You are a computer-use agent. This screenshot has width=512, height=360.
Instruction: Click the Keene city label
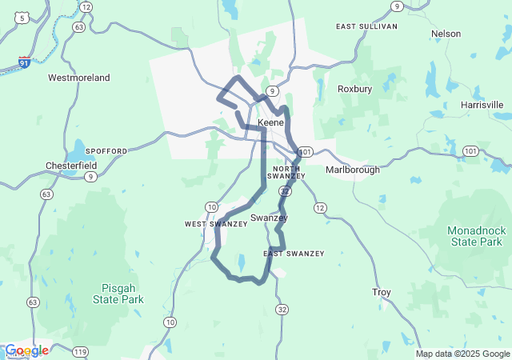pyautogui.click(x=270, y=123)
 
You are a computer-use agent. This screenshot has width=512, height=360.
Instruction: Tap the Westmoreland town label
pyautogui.click(x=79, y=78)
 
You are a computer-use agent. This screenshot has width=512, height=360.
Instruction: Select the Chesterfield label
pyautogui.click(x=70, y=166)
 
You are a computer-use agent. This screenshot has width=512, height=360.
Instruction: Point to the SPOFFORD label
pyautogui.click(x=106, y=150)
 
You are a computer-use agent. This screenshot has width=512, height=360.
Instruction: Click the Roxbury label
pyautogui.click(x=354, y=89)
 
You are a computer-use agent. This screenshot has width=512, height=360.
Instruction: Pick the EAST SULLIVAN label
pyautogui.click(x=366, y=26)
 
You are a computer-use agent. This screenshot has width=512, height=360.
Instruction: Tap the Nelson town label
pyautogui.click(x=446, y=34)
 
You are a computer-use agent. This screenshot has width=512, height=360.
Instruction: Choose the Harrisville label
pyautogui.click(x=482, y=105)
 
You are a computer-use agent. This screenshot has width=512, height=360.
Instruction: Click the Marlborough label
pyautogui.click(x=353, y=170)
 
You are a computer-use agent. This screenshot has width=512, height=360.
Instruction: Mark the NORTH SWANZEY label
pyautogui.click(x=286, y=172)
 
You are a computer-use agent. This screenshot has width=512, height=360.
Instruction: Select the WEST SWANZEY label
pyautogui.click(x=216, y=224)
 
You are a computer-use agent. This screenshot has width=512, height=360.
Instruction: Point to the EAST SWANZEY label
pyautogui.click(x=294, y=254)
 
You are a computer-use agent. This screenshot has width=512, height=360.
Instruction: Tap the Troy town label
pyautogui.click(x=382, y=293)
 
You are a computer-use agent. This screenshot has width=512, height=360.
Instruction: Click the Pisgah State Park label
pyautogui.click(x=122, y=294)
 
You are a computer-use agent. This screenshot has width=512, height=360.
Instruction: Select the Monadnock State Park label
pyautogui.click(x=476, y=235)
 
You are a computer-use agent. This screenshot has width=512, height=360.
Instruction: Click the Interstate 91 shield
pyautogui.click(x=26, y=61)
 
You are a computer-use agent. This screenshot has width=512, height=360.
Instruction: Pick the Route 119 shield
pyautogui.click(x=79, y=351)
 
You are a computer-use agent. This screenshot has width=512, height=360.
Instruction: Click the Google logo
pyautogui.click(x=26, y=350)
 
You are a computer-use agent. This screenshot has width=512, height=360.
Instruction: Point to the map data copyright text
pyautogui.click(x=462, y=354)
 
